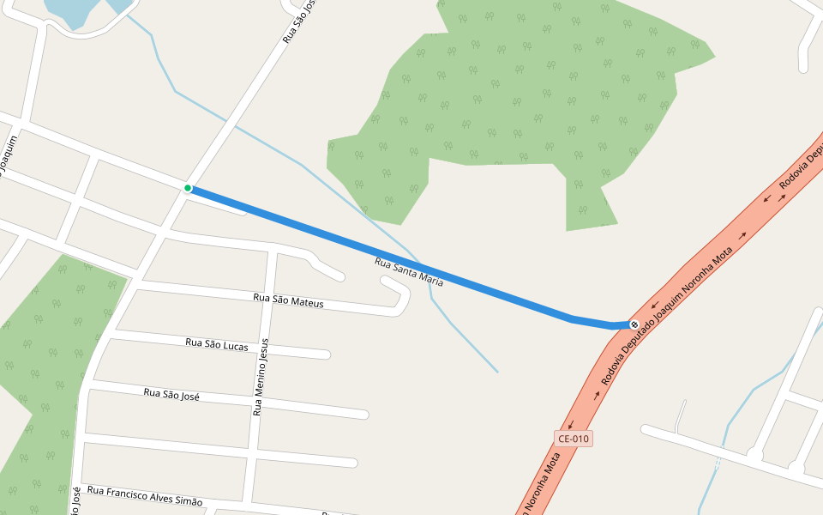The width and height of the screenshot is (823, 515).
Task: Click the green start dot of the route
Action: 187,188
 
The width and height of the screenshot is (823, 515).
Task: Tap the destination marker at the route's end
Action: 634,324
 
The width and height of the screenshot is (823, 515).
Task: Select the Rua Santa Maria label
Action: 409,270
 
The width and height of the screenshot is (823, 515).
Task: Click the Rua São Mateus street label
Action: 289,300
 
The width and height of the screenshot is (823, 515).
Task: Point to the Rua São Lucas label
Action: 217,344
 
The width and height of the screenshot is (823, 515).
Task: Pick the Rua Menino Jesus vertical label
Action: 261,377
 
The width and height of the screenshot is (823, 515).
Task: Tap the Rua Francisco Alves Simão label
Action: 145,495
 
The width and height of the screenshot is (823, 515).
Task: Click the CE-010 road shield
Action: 574,439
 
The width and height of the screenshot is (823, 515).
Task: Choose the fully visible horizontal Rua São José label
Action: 171,395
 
